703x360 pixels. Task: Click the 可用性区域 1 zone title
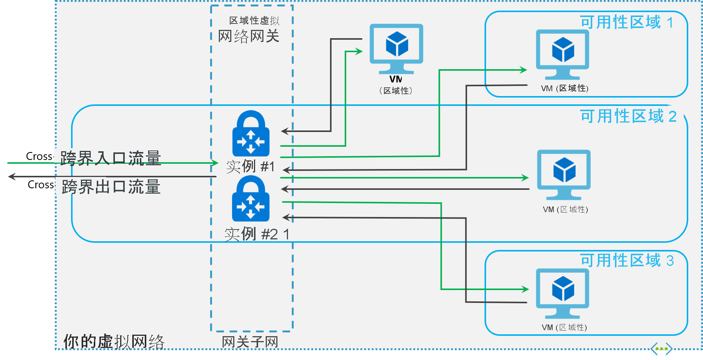pos(627,22)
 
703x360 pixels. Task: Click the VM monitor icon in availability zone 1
pos(562,51)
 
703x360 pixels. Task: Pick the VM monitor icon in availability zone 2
pos(564,172)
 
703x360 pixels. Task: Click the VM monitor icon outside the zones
pos(396,47)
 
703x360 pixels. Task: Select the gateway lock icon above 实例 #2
pos(251,199)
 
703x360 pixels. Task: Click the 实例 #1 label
pos(250,166)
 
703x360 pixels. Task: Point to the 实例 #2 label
pos(251,234)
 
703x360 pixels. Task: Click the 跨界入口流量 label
pos(111,158)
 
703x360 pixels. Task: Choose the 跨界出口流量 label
pos(111,186)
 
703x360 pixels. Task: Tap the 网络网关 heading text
pos(249,36)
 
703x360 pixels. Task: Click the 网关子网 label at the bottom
pos(250,342)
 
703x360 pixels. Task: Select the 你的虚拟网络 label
pos(114,341)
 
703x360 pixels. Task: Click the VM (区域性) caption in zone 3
pos(564,327)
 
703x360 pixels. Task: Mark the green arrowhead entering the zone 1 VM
pos(524,70)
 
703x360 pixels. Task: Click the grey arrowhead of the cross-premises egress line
pos(12,176)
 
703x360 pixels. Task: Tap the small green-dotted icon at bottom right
pos(661,349)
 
